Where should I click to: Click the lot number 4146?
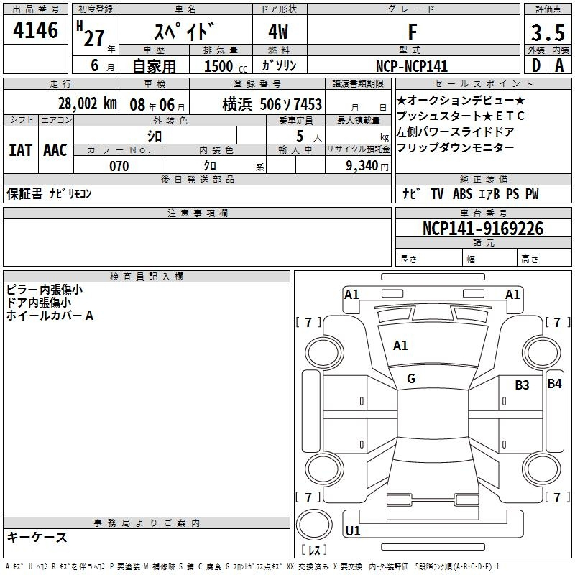pyautogui.click(x=35, y=29)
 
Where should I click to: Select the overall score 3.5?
pyautogui.click(x=548, y=32)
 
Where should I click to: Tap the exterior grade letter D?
pyautogui.click(x=536, y=65)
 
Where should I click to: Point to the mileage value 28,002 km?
pyautogui.click(x=88, y=103)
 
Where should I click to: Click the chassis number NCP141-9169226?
pyautogui.click(x=483, y=229)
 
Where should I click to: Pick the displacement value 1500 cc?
pyautogui.click(x=226, y=66)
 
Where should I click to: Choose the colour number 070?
pyautogui.click(x=119, y=166)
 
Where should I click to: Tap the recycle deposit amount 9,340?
pyautogui.click(x=362, y=165)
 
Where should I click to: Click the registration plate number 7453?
pyautogui.click(x=308, y=104)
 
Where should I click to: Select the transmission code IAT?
pyautogui.click(x=20, y=150)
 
